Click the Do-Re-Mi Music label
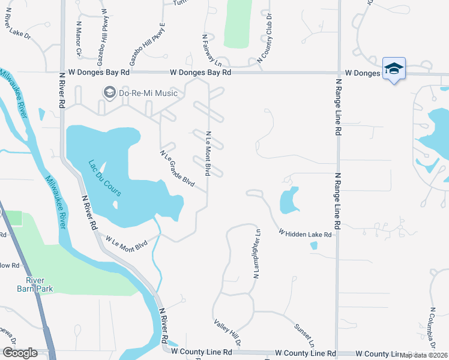(x=148, y=93)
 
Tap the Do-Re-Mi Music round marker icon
(x=109, y=92)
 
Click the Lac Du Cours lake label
(x=105, y=178)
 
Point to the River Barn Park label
(x=39, y=284)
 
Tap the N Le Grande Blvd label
(x=177, y=168)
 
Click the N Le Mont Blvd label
(x=208, y=154)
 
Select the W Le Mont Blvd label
(x=127, y=243)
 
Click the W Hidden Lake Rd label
(x=305, y=233)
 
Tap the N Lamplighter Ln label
(x=257, y=254)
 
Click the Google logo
(x=20, y=352)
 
